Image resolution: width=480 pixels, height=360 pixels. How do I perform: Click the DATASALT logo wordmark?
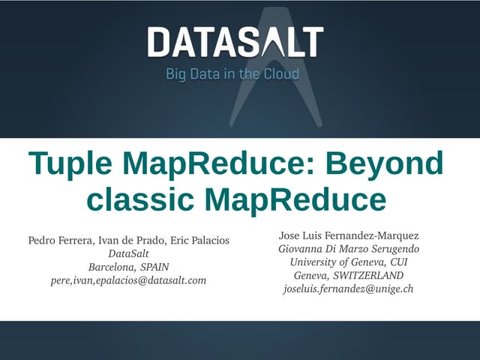[x=235, y=42]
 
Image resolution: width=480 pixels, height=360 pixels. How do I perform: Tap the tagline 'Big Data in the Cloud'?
[x=232, y=74]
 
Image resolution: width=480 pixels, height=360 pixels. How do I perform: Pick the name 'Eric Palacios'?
[x=199, y=240]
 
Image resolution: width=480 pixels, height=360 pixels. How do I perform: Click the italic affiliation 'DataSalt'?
[x=128, y=253]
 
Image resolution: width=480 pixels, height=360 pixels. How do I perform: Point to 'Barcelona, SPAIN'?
[x=128, y=267]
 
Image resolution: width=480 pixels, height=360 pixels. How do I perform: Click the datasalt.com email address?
[x=128, y=280]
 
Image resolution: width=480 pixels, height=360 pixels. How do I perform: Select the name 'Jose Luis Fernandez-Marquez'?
[x=349, y=235]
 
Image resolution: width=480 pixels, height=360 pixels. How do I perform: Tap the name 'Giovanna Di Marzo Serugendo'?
[x=349, y=248]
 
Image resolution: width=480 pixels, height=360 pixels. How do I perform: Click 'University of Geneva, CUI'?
[x=349, y=262]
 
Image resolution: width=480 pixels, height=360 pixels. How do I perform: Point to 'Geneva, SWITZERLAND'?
[x=349, y=275]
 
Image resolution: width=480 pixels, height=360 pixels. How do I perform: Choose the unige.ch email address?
[x=349, y=289]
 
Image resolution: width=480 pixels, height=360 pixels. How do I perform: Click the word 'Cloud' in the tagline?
[x=281, y=74]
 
